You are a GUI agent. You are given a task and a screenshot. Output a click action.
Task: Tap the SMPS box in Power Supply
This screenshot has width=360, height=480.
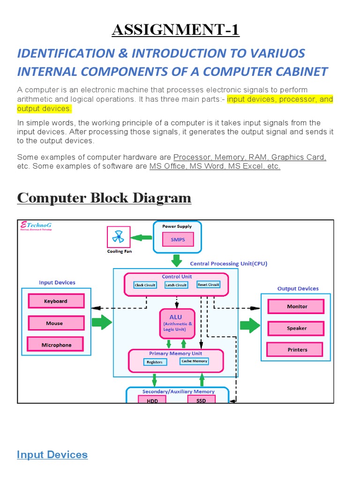178,240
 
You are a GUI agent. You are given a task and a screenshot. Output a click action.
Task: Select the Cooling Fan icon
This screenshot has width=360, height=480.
118,238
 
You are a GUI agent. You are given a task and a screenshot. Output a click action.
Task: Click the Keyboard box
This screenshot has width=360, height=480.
56,301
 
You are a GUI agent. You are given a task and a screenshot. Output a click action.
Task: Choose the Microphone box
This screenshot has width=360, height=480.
56,345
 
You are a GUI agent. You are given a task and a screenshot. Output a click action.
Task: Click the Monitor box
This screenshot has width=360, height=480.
297,306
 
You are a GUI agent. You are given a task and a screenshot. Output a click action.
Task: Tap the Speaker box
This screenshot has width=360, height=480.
296,328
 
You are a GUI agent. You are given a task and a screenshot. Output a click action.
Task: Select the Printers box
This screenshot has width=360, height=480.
297,350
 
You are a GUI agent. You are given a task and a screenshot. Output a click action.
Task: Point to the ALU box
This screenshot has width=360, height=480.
177,323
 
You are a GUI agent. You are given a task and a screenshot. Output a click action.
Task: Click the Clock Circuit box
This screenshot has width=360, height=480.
145,285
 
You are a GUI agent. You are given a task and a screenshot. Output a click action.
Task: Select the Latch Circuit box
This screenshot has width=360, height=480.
176,285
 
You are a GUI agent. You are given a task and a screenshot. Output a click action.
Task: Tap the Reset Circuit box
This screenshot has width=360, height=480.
208,285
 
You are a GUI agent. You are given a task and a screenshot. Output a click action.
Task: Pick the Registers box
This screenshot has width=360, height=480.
154,362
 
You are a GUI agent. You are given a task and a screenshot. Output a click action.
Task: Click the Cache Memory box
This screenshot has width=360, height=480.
194,361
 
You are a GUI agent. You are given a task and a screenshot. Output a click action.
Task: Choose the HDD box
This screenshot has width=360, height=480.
152,401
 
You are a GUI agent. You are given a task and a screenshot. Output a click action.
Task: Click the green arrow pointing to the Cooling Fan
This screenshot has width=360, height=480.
141,238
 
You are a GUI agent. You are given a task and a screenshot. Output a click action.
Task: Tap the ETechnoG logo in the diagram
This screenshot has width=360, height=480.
36,226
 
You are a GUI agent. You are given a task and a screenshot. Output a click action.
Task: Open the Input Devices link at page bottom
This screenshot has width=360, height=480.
52,455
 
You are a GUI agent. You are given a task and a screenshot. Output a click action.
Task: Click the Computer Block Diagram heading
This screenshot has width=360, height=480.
104,198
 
